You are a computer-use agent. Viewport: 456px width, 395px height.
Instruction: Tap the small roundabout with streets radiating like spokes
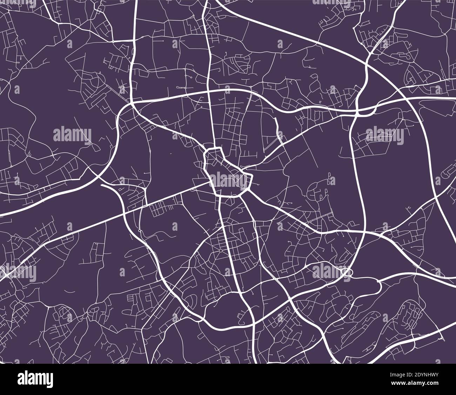click(x=220, y=251)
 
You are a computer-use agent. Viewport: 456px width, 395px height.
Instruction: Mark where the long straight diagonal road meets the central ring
click(x=211, y=182)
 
